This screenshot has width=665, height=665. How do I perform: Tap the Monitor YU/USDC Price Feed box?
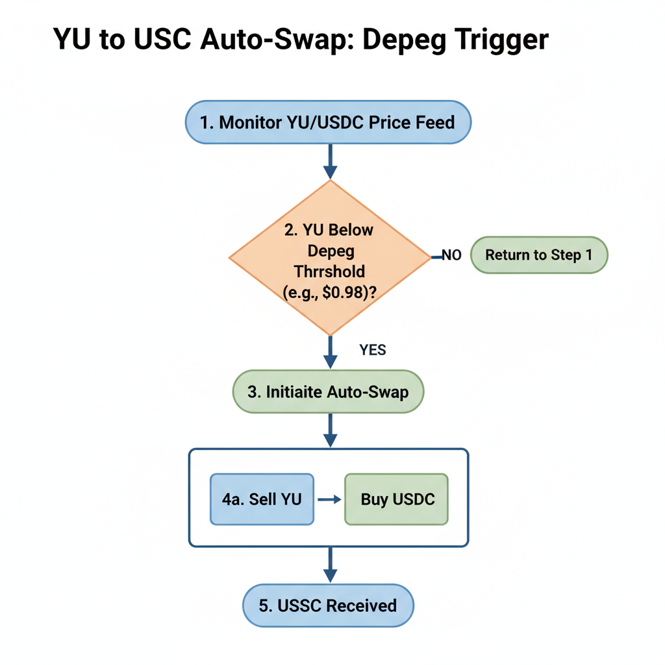coord(328,122)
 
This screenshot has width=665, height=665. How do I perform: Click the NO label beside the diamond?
coord(451,256)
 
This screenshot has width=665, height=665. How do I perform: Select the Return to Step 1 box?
coord(538,255)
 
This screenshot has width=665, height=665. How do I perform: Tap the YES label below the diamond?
coord(373,351)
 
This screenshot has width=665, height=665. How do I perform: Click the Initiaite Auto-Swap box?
coord(328,392)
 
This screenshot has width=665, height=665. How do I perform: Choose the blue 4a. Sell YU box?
coord(262,499)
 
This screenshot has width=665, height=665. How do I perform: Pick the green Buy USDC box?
coord(396,499)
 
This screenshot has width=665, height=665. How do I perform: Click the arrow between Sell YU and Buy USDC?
coord(329,499)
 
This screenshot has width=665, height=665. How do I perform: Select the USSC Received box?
coord(328,606)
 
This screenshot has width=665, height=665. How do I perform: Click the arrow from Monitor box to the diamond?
coord(330,161)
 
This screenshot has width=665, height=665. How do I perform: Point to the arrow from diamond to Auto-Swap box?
coord(330,353)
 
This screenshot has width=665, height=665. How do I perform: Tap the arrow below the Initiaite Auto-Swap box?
coord(330,431)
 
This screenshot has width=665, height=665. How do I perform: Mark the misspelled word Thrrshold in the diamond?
coord(329,271)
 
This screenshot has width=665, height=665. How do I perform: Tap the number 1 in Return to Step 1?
coord(588,255)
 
